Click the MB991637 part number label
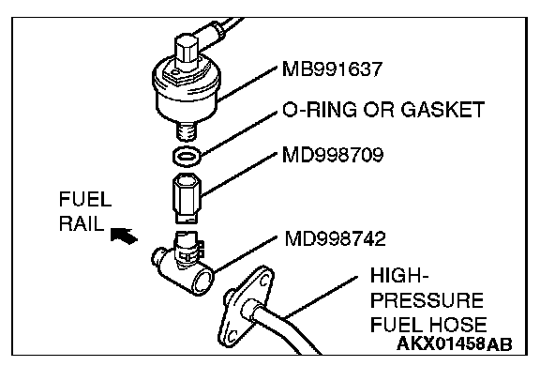tap(332, 69)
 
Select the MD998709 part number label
tap(333, 155)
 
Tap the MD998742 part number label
tap(335, 238)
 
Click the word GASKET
tap(442, 110)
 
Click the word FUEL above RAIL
tap(85, 199)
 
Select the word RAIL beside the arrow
tap(82, 223)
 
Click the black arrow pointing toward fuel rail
tap(124, 236)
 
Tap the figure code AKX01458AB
tap(455, 343)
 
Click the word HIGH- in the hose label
tap(399, 275)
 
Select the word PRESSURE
tap(427, 300)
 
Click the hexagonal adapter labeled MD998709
tap(187, 199)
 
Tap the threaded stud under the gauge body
tap(187, 131)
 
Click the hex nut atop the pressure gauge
tap(187, 50)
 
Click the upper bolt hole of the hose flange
tap(263, 282)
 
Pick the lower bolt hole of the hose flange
tap(232, 335)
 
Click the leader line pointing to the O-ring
tap(239, 132)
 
